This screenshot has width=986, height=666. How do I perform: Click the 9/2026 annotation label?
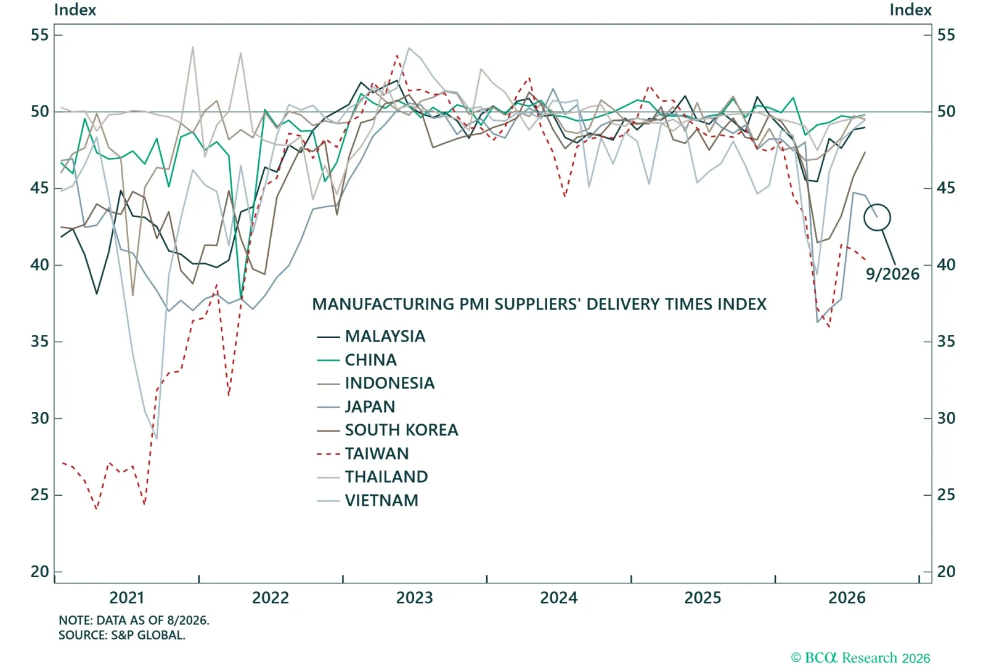pos(893,274)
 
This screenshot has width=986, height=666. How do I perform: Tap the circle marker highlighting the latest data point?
pos(878,205)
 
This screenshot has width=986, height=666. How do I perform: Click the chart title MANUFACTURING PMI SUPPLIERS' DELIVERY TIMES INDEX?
pos(539,305)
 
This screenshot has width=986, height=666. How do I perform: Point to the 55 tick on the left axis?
pos(39,35)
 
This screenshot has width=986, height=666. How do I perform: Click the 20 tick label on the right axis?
pos(947,572)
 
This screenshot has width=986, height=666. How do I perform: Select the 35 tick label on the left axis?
pos(39,342)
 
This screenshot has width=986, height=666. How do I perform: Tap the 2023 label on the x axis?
pos(415,598)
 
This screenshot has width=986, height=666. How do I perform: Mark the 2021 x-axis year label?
pos(127,598)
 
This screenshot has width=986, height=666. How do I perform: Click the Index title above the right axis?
pos(910,10)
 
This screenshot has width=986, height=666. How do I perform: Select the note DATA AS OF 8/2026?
pos(134,620)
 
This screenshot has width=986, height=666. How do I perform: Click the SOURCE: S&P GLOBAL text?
pos(122,635)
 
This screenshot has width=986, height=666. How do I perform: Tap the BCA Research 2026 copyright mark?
pos(860,658)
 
